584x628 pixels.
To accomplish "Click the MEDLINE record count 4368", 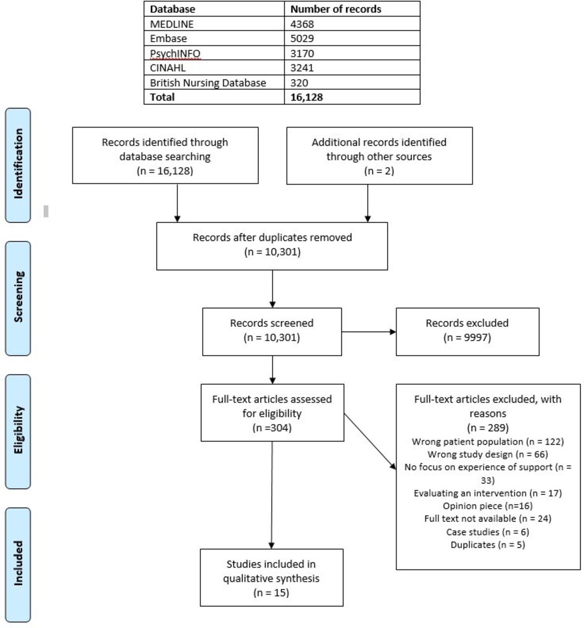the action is [x=302, y=24].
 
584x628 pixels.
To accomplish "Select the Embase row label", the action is [x=168, y=39].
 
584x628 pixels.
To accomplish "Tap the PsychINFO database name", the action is [x=175, y=53].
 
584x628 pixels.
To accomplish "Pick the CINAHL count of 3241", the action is [x=302, y=68].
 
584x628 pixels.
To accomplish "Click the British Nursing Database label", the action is [x=208, y=83].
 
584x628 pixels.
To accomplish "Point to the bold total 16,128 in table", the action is [x=306, y=97].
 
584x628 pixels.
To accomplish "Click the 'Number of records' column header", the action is [x=335, y=9].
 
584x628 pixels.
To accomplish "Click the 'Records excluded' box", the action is [x=468, y=332].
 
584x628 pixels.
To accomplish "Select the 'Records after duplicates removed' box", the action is [x=272, y=246].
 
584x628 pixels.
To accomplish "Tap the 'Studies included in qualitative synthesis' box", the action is [x=272, y=577].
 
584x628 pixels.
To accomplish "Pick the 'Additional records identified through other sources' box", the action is [x=379, y=156].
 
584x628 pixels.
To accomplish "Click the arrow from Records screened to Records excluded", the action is [x=369, y=332].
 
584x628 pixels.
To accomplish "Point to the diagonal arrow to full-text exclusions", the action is [x=370, y=442].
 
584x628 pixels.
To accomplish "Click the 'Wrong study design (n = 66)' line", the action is [x=488, y=454].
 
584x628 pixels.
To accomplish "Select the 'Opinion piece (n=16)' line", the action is [x=488, y=506].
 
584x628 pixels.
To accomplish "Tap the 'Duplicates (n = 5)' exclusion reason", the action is [x=488, y=545].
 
